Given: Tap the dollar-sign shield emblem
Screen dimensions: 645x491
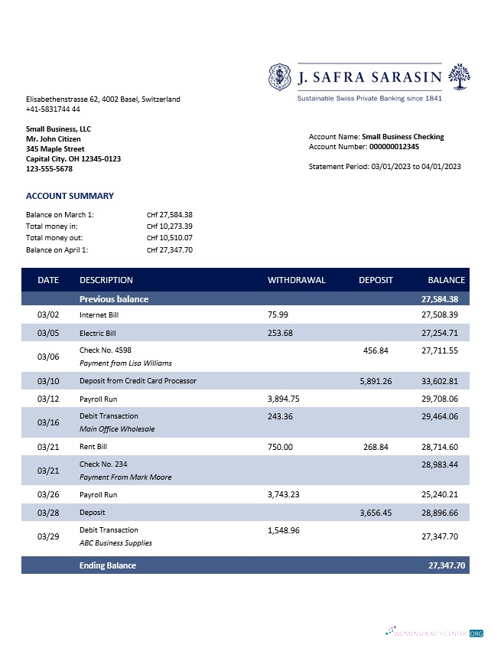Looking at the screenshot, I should [x=280, y=77].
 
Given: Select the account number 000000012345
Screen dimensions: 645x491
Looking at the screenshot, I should [x=394, y=146].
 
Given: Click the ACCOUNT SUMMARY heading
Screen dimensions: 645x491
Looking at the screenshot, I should [x=70, y=196].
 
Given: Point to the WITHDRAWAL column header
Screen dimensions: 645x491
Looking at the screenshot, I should [x=296, y=280].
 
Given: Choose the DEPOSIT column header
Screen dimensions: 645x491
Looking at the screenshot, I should [x=376, y=280].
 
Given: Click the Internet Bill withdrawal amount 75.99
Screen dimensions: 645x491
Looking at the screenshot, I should [x=278, y=314].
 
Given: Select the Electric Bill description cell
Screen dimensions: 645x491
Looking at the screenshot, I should [x=98, y=334].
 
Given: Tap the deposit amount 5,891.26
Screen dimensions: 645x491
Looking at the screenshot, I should [x=376, y=381].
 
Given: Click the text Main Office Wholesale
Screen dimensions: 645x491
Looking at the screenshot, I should [x=117, y=429].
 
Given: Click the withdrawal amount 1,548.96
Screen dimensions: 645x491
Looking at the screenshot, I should [x=283, y=529].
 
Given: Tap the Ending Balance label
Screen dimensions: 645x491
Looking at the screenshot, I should [x=108, y=566].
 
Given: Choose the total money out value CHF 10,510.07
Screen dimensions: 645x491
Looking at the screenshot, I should [x=170, y=238].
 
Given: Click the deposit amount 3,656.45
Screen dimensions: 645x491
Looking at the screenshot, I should [x=376, y=513].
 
